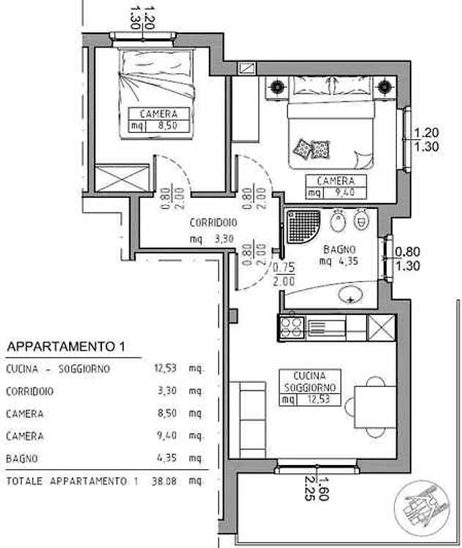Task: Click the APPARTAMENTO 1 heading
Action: click(x=66, y=347)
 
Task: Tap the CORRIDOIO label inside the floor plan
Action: click(x=214, y=223)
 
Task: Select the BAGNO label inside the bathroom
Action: click(x=339, y=249)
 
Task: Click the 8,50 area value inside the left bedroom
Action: click(x=168, y=125)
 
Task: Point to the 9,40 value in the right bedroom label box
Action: click(x=345, y=192)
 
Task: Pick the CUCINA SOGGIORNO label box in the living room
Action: click(x=310, y=387)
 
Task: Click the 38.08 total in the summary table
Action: click(x=164, y=482)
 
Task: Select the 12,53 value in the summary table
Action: click(x=165, y=368)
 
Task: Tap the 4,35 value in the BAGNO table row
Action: click(x=166, y=458)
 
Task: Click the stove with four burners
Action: click(x=292, y=327)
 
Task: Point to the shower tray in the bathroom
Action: click(x=303, y=227)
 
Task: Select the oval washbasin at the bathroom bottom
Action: click(x=350, y=295)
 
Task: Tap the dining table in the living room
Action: click(x=375, y=407)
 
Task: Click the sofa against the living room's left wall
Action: click(x=253, y=420)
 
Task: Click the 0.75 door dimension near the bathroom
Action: click(x=284, y=267)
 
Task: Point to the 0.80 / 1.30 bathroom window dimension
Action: click(x=407, y=259)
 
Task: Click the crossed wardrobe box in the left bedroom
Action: click(x=123, y=178)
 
